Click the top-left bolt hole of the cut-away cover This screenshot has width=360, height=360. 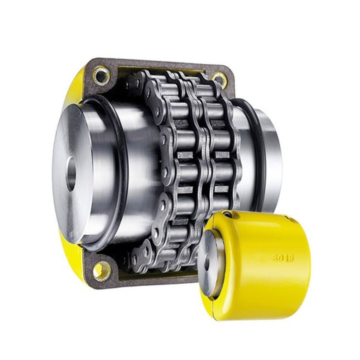point(101,75)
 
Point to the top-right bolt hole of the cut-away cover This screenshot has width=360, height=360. point(219,79)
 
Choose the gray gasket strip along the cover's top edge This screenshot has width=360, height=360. point(158,65)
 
